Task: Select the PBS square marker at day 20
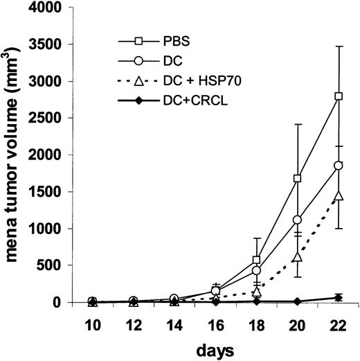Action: (298, 178)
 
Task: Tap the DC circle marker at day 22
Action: (339, 166)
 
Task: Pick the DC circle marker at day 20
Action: (298, 220)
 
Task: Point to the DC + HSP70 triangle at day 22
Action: (339, 197)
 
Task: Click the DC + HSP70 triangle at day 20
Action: (298, 258)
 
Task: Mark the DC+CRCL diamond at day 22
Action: (339, 297)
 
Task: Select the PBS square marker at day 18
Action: (257, 260)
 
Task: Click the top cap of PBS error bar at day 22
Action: (339, 46)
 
